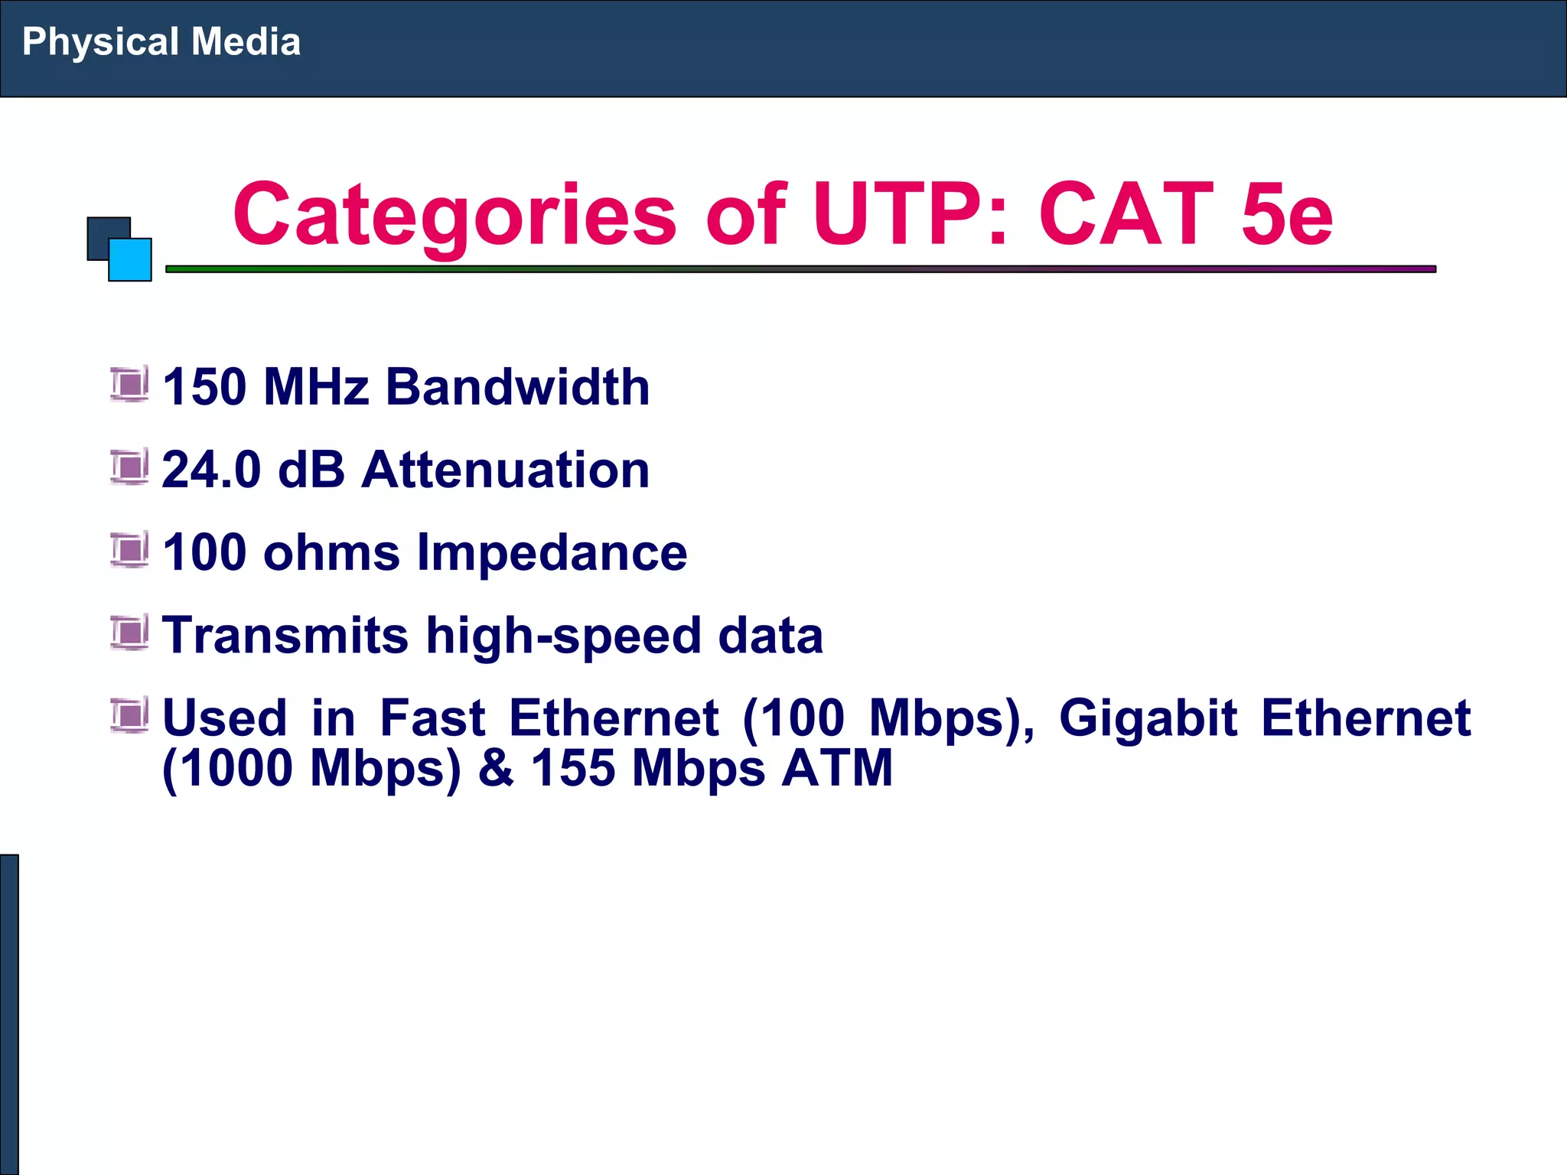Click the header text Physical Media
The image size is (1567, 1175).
click(x=161, y=42)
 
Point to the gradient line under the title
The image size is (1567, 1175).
click(x=800, y=269)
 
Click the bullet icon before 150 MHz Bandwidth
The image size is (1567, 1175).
click(x=129, y=385)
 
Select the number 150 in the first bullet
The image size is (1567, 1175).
click(x=204, y=386)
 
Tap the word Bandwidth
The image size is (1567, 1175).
click(x=517, y=386)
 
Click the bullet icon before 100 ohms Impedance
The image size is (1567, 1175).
click(x=129, y=550)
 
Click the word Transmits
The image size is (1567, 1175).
click(x=285, y=635)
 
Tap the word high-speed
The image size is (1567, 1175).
click(x=563, y=636)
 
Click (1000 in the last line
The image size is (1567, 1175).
click(x=228, y=768)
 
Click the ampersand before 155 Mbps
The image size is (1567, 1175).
click(x=496, y=768)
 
